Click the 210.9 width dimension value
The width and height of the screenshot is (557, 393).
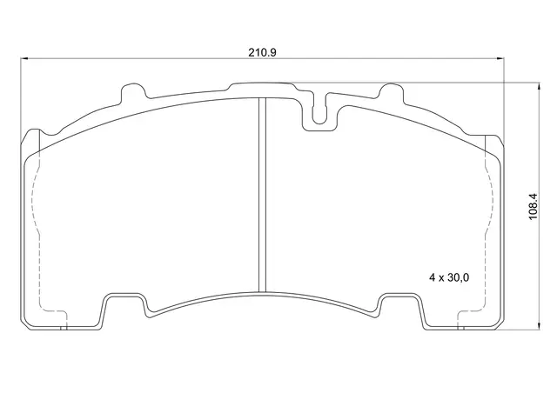(262, 52)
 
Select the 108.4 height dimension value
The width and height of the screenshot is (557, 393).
(534, 207)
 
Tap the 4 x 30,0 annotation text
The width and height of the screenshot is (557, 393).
(449, 277)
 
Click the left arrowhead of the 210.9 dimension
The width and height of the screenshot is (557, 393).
(24, 58)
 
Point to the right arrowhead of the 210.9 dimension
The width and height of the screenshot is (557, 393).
(500, 58)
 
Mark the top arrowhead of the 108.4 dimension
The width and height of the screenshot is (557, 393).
(540, 86)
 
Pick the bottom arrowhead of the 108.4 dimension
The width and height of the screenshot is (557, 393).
(540, 326)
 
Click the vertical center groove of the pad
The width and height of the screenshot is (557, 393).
(262, 195)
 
